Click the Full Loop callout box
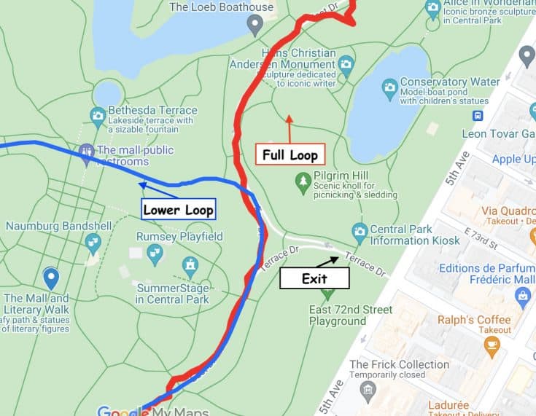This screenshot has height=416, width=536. pyautogui.click(x=289, y=154)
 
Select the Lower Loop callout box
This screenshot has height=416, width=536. pyautogui.click(x=179, y=210)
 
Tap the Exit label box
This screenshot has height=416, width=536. pyautogui.click(x=314, y=278)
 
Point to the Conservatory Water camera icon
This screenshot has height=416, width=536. pyautogui.click(x=389, y=88)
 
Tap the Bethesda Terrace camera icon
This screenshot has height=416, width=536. pyautogui.click(x=97, y=115)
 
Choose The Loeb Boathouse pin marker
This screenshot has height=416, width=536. pyautogui.click(x=255, y=25)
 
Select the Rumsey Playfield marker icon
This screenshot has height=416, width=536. pyautogui.click(x=155, y=252)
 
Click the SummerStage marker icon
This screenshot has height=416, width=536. pyautogui.click(x=190, y=264)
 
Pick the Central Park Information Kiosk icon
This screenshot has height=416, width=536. pyautogui.click(x=359, y=232)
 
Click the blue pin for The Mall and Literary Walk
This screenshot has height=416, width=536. pyautogui.click(x=50, y=277)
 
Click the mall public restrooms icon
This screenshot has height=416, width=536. pyautogui.click(x=87, y=152)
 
